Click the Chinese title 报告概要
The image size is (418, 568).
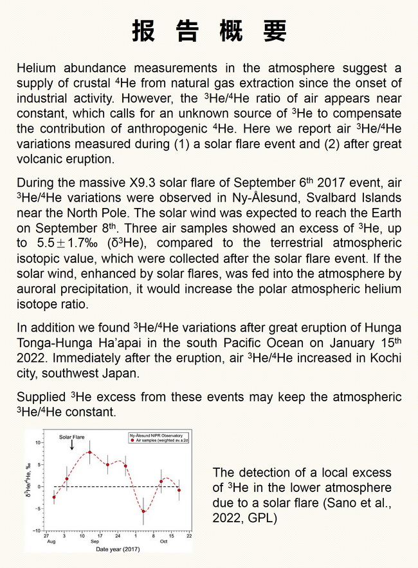pyautogui.click(x=209, y=31)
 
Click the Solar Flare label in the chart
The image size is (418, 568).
pyautogui.click(x=72, y=437)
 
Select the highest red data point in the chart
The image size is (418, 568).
pyautogui.click(x=90, y=452)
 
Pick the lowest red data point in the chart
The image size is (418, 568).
pyautogui.click(x=143, y=512)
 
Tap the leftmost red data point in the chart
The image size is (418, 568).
pyautogui.click(x=54, y=497)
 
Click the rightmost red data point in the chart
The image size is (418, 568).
pyautogui.click(x=179, y=490)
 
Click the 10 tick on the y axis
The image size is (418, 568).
pyautogui.click(x=38, y=442)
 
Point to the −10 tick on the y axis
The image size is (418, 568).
pyautogui.click(x=37, y=531)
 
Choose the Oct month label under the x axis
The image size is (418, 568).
pyautogui.click(x=164, y=542)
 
